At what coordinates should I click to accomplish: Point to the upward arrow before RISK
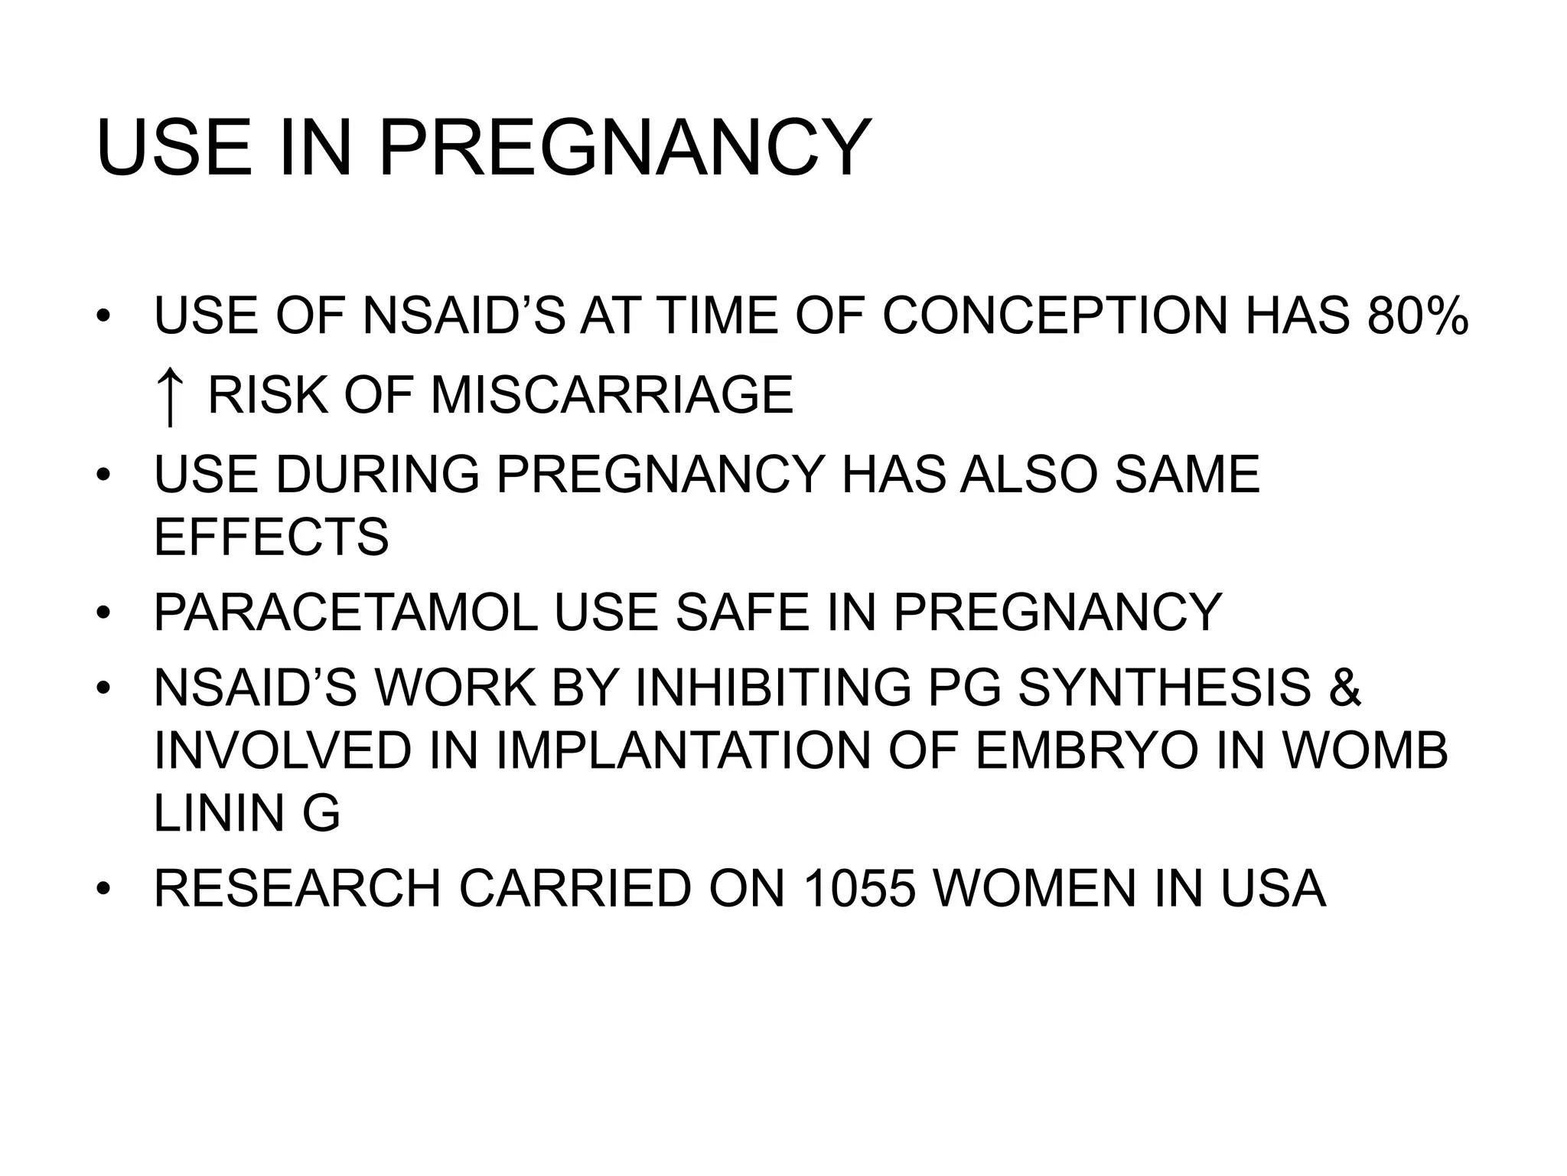tap(169, 397)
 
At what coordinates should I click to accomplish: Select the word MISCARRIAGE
tap(611, 395)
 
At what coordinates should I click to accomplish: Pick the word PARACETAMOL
tap(346, 612)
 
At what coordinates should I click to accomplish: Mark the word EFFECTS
tap(271, 537)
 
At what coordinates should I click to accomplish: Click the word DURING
tap(378, 475)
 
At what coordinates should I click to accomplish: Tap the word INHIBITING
tap(774, 687)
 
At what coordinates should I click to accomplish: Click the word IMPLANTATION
tap(683, 750)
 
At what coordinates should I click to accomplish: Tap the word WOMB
tap(1365, 750)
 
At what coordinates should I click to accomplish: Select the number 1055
tap(860, 888)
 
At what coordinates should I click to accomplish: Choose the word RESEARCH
tap(298, 888)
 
